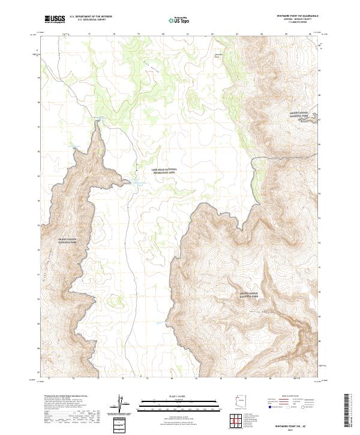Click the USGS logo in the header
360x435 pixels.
(55, 19)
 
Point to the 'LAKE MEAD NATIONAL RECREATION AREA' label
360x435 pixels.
(164, 171)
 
